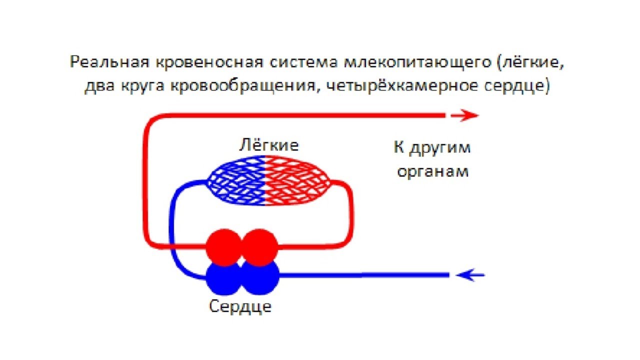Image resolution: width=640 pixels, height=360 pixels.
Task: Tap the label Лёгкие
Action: [x=268, y=145]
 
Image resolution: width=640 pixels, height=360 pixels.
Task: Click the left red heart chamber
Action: [x=223, y=247]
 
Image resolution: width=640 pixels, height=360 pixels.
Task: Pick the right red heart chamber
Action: [x=260, y=247]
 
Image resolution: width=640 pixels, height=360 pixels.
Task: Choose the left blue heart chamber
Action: [x=223, y=278]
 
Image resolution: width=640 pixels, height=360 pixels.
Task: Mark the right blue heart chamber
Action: [x=260, y=278]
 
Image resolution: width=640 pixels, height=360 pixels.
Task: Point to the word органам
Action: [x=432, y=171]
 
